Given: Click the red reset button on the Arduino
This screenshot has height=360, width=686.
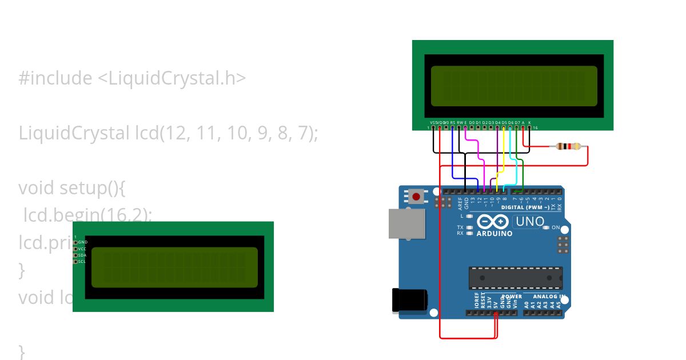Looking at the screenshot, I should pyautogui.click(x=416, y=197).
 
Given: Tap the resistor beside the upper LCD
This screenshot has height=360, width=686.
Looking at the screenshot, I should pyautogui.click(x=568, y=147).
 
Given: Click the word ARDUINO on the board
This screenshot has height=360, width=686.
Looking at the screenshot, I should pyautogui.click(x=494, y=234).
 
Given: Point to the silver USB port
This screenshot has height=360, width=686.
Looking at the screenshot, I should pyautogui.click(x=407, y=223).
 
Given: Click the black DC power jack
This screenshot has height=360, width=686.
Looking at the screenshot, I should pyautogui.click(x=409, y=300).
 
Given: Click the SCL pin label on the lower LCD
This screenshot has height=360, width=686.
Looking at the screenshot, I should pyautogui.click(x=82, y=262).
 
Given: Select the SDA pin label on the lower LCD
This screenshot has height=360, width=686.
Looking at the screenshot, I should pyautogui.click(x=82, y=255).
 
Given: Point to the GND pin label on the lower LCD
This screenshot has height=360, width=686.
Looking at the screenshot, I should pyautogui.click(x=82, y=242).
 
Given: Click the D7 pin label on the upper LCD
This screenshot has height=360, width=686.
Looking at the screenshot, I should pyautogui.click(x=517, y=122).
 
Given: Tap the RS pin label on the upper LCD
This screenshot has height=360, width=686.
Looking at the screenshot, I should pyautogui.click(x=453, y=122).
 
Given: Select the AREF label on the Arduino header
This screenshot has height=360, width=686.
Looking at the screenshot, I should pyautogui.click(x=460, y=204).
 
